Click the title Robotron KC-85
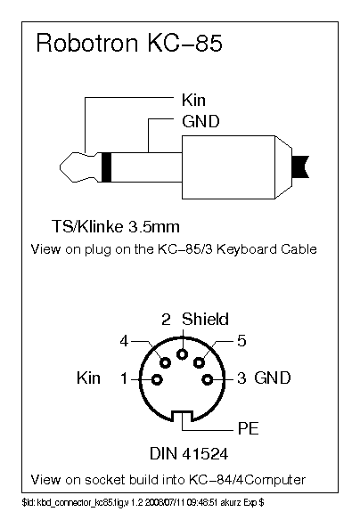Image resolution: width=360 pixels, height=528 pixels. click(129, 43)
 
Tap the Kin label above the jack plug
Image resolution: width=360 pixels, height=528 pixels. click(193, 100)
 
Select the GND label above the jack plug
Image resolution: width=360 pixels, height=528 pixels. click(200, 121)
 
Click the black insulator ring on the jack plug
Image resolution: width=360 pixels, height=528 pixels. click(106, 167)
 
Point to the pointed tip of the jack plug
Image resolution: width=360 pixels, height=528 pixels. click(61, 167)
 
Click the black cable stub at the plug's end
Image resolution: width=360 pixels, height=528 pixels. click(300, 167)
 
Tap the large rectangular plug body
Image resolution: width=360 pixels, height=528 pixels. click(228, 167)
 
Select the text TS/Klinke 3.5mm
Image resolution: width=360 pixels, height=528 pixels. click(116, 227)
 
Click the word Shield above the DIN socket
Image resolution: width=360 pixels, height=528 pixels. click(205, 319)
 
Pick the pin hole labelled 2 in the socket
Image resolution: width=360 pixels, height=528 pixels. click(183, 354)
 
